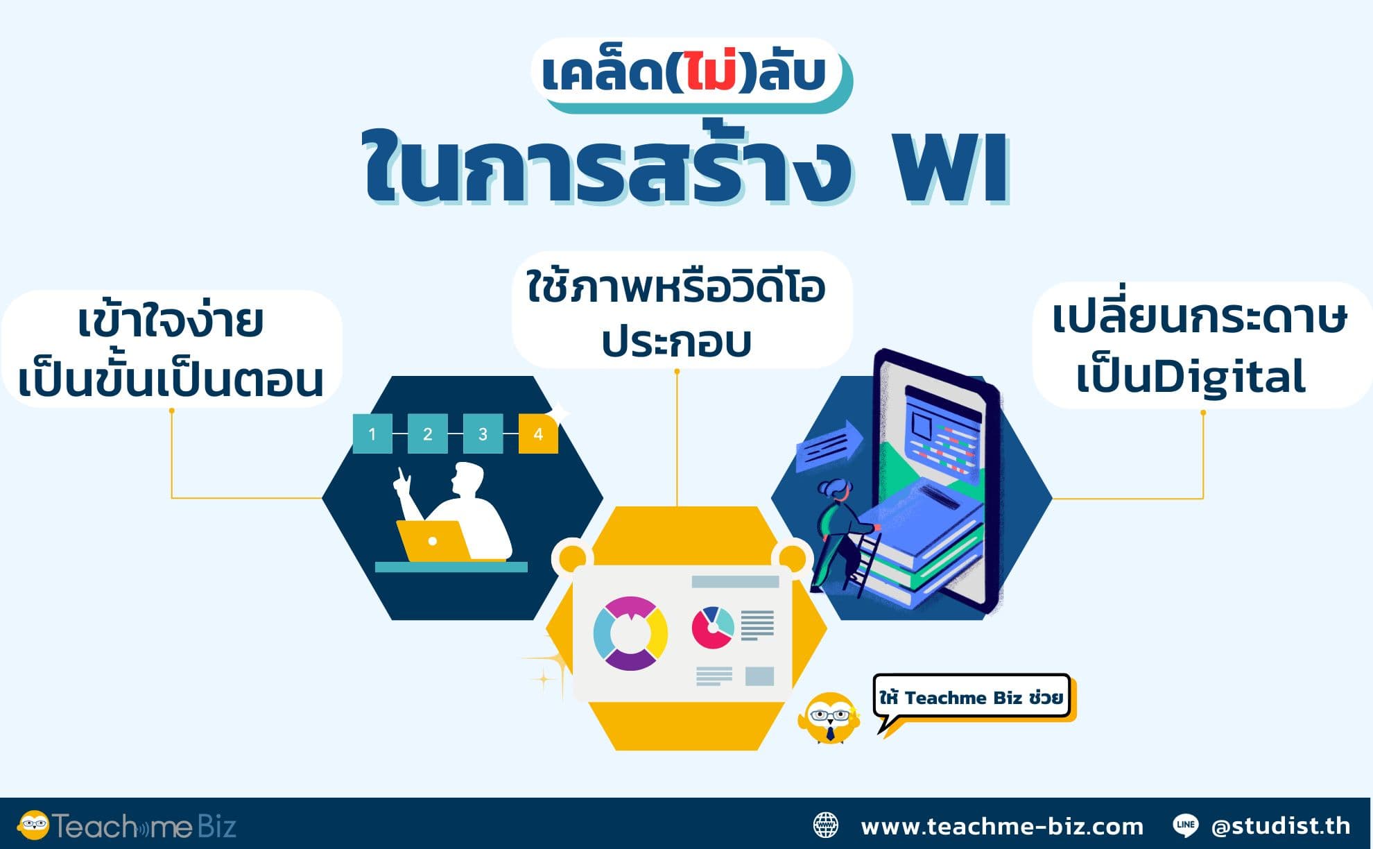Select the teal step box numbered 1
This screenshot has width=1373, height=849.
coord(372,434)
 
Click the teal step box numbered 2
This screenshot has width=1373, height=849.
coord(427,434)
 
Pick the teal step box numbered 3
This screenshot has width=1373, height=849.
coord(483,434)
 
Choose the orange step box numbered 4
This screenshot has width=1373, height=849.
coord(538,434)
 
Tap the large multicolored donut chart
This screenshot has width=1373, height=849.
coord(630,633)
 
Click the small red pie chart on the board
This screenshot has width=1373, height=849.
coord(712,627)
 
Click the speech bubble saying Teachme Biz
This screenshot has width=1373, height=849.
coord(971,697)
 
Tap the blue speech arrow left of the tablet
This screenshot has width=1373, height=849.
coord(829,446)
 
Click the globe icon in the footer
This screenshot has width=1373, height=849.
coord(825,825)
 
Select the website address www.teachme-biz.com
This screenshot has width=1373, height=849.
coord(1002,826)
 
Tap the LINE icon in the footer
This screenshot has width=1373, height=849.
coord(1185,825)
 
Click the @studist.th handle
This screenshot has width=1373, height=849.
coord(1281,825)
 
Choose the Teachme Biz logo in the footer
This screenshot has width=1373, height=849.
coord(127,825)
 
